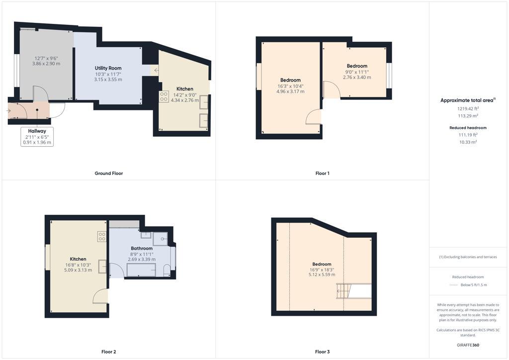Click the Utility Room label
[108, 68]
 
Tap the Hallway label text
[37, 131]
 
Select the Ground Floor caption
[108, 174]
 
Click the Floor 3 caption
[322, 352]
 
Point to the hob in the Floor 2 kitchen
[102, 237]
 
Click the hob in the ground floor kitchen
[164, 96]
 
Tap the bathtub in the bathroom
[142, 270]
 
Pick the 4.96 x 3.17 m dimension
[290, 91]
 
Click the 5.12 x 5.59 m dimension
[322, 274]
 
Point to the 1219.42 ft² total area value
[467, 108]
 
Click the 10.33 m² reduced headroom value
[468, 142]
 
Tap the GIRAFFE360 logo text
[468, 345]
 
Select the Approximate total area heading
[467, 100]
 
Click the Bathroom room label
[142, 248]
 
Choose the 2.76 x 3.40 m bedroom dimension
[357, 78]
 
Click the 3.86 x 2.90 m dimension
[46, 64]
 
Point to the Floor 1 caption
[322, 174]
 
